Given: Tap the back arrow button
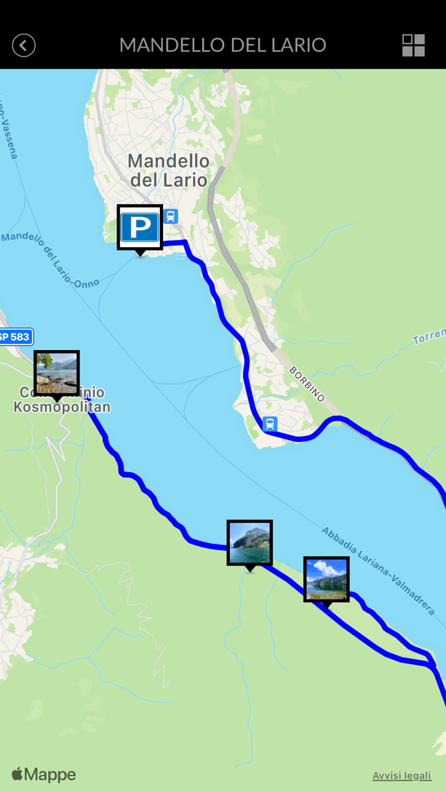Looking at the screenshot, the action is [x=24, y=45].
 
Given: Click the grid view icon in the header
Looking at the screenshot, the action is [x=413, y=45].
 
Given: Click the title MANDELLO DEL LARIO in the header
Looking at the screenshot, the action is [x=222, y=45].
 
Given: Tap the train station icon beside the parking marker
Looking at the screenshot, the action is [x=171, y=216].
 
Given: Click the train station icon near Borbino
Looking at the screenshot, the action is [x=270, y=423].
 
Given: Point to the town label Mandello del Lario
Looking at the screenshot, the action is [x=168, y=170].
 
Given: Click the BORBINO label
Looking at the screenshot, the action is [x=307, y=384].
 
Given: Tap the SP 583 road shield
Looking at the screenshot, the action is [x=14, y=336].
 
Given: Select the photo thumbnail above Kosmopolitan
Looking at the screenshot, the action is [x=57, y=373].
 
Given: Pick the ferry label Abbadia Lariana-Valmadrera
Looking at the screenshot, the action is [x=378, y=570].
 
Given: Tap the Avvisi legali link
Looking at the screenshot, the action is [x=401, y=775].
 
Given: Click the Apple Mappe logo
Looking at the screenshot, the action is [x=43, y=775].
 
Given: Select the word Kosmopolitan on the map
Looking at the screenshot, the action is [x=62, y=407].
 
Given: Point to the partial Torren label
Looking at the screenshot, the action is [x=429, y=337].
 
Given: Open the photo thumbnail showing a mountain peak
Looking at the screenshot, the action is [x=250, y=542].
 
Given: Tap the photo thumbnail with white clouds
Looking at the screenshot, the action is [x=326, y=579].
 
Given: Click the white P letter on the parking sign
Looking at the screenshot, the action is [x=140, y=227].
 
